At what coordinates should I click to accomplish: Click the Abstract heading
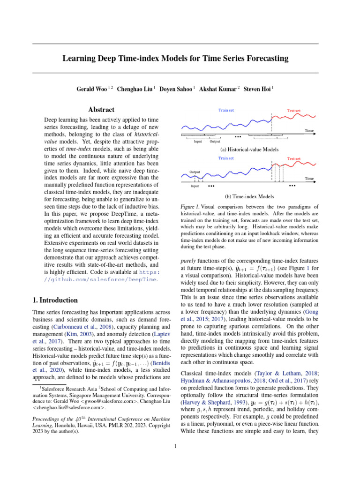tap(101, 110)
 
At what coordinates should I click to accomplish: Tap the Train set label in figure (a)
tap(226, 111)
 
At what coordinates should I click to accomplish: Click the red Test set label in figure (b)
tap(294, 158)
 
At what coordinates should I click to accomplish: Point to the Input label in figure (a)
tap(198, 141)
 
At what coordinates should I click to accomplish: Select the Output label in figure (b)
tap(194, 172)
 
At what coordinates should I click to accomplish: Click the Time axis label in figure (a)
tap(309, 131)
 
